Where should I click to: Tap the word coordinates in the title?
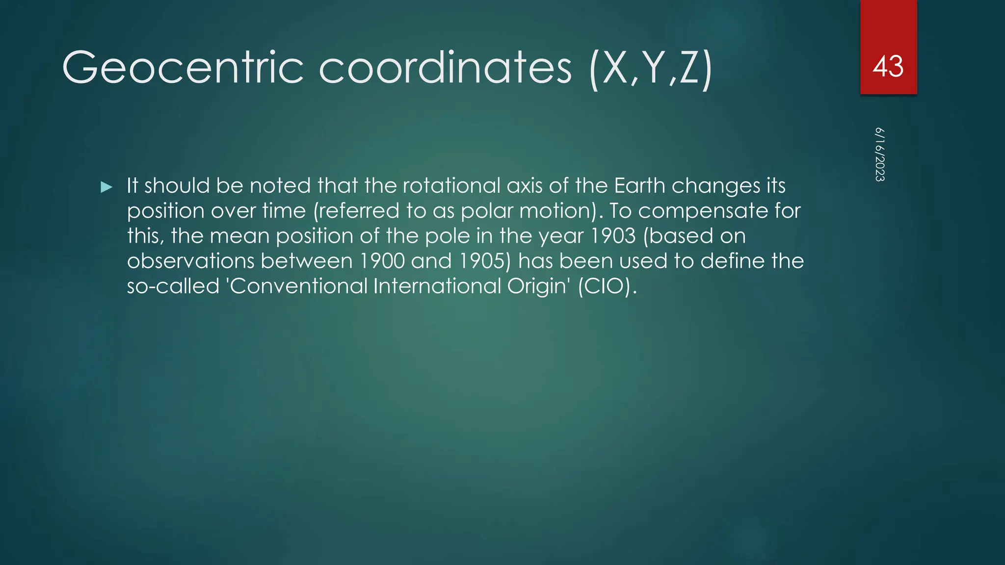point(445,68)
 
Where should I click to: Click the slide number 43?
point(888,66)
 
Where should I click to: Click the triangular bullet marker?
point(106,187)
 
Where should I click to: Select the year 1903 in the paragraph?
point(612,236)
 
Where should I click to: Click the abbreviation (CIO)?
point(607,286)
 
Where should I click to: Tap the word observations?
point(190,261)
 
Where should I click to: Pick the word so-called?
point(173,286)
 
